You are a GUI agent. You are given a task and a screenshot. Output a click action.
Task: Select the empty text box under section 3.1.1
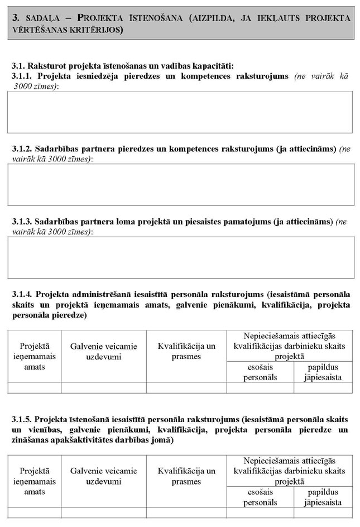pyautogui.click(x=180, y=112)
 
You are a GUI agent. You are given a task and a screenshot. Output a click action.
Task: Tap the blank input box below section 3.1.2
pyautogui.click(x=180, y=184)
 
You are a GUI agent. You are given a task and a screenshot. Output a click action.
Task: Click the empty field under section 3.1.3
pyautogui.click(x=180, y=257)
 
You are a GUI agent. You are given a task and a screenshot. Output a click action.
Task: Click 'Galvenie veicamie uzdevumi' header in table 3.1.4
pyautogui.click(x=103, y=351)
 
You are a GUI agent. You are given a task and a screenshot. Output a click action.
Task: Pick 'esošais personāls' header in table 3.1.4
pyautogui.click(x=260, y=372)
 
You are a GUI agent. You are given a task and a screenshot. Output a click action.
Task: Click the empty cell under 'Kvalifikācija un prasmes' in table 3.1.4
pyautogui.click(x=186, y=387)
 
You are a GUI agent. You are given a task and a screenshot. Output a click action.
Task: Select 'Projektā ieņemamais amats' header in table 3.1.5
pyautogui.click(x=34, y=476)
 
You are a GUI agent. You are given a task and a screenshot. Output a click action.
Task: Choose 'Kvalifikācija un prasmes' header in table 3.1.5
pyautogui.click(x=186, y=476)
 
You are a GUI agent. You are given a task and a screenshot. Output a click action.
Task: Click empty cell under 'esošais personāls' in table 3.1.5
pyautogui.click(x=260, y=512)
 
